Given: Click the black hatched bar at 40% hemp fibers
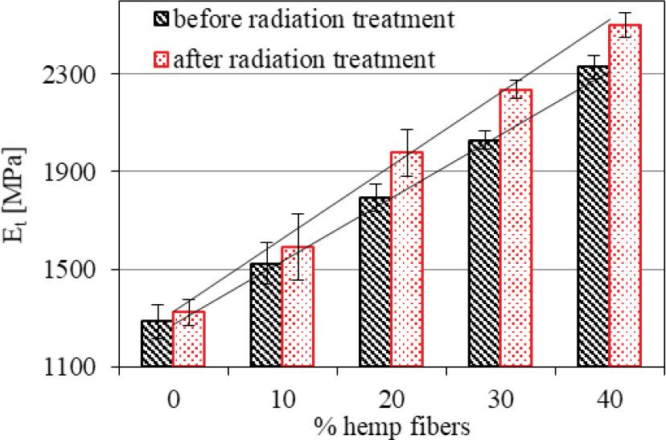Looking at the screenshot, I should [593, 216].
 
